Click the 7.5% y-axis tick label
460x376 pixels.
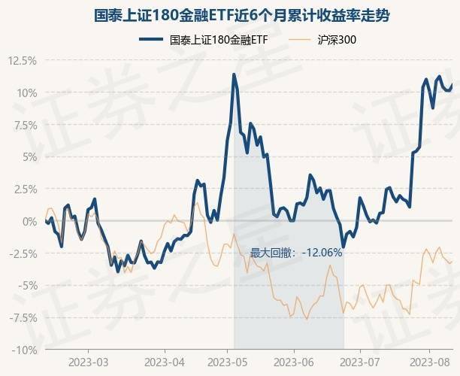(23, 125)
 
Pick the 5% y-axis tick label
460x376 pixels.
(28, 157)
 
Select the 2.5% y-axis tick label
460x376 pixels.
(23, 189)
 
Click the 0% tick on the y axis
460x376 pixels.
(28, 221)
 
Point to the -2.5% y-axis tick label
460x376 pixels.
(21, 253)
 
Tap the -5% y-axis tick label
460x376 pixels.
(26, 286)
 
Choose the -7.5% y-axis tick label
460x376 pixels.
(21, 317)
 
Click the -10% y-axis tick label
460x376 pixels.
(23, 350)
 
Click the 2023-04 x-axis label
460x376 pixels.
(164, 362)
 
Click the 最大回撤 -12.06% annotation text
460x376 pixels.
(296, 253)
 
